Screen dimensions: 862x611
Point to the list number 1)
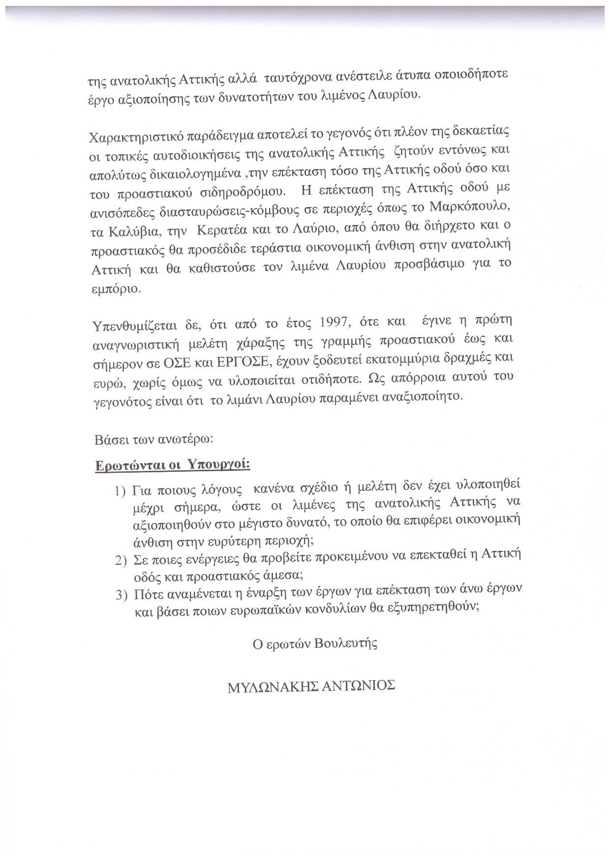[x=121, y=491]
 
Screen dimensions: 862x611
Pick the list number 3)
[x=122, y=595]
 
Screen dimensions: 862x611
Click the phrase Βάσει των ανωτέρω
[x=153, y=439]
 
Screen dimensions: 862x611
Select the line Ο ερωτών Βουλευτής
[x=315, y=644]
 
